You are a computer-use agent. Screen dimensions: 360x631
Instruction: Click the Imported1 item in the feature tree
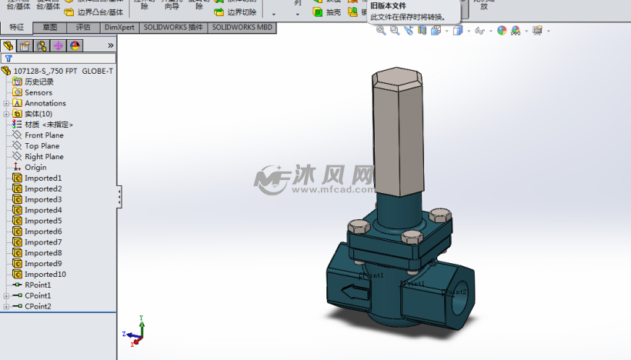click(x=42, y=178)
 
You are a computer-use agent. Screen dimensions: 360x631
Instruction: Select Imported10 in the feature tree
click(x=45, y=274)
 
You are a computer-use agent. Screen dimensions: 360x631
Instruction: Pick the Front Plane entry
click(x=44, y=135)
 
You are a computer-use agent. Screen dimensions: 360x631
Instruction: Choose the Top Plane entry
click(x=42, y=145)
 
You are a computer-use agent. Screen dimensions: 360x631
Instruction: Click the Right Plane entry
click(x=44, y=156)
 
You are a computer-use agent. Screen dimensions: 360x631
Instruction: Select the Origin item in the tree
click(x=35, y=167)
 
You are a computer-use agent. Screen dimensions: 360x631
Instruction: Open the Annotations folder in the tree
click(x=45, y=103)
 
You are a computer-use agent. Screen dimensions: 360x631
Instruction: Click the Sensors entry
click(x=38, y=92)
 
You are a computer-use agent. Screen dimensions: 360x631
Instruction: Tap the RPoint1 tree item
click(x=38, y=285)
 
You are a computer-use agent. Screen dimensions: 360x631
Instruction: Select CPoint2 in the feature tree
click(x=38, y=306)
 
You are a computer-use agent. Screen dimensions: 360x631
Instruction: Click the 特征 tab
click(x=16, y=27)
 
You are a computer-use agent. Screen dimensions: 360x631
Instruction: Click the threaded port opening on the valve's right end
click(x=459, y=292)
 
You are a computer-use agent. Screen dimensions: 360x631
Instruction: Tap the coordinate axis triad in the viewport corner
click(x=135, y=331)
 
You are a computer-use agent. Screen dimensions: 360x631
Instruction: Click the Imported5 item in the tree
click(x=42, y=221)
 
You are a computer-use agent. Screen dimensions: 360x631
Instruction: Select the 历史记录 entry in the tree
click(x=38, y=82)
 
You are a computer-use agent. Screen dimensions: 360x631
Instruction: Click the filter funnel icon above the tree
click(x=8, y=58)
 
